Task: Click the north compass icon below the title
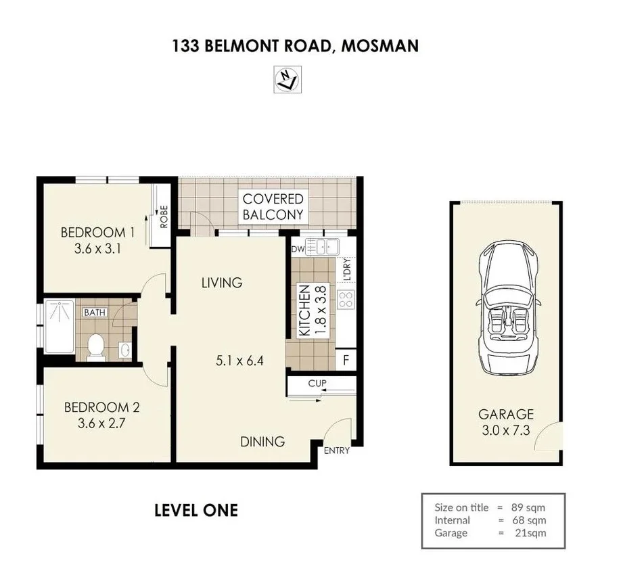[287, 79]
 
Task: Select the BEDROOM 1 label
[97, 233]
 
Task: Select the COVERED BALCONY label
[273, 207]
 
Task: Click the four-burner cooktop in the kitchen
[346, 300]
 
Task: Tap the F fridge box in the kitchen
[346, 360]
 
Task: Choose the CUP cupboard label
[317, 384]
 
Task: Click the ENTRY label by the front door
[337, 451]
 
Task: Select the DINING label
[262, 442]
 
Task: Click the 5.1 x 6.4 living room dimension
[239, 361]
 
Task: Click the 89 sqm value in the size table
[528, 507]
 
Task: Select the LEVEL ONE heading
[196, 510]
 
